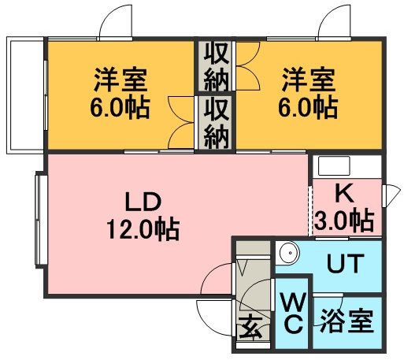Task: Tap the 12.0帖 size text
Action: coord(143,229)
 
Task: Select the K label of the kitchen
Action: coord(343,192)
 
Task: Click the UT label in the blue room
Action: coord(344,264)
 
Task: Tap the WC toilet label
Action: coord(292,313)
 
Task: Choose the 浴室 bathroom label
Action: coord(347,322)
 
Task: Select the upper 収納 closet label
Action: coord(216,67)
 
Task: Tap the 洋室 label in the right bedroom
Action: coord(309,80)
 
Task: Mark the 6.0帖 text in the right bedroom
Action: coord(309,108)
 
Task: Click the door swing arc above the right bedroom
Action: coord(339,22)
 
